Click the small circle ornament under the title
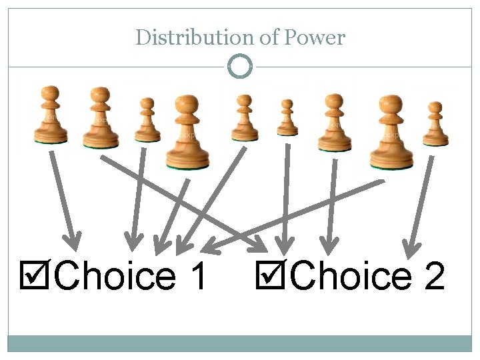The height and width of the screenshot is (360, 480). coord(240,66)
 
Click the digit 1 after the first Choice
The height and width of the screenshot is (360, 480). coord(195,275)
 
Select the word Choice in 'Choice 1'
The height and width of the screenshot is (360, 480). coord(113,275)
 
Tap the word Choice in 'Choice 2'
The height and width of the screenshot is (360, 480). coord(351,275)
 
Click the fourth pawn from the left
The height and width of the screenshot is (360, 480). coord(187,132)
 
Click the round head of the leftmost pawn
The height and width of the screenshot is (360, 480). coord(51,93)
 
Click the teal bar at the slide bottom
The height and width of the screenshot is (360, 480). coord(240,343)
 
